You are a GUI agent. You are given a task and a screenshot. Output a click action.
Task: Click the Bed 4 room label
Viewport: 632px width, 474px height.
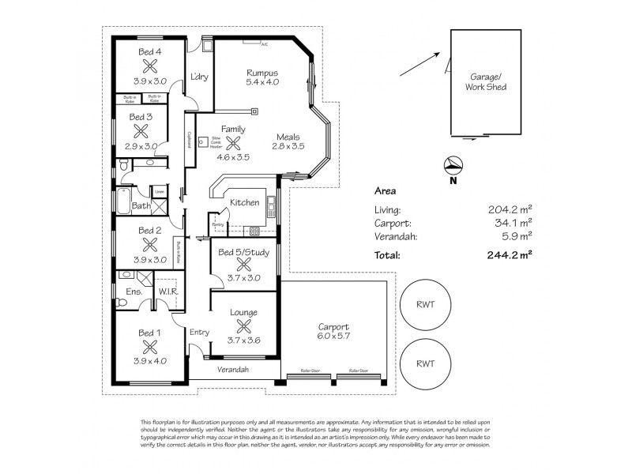click(150, 52)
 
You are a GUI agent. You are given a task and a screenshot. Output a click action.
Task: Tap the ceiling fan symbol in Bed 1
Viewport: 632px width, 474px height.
click(150, 345)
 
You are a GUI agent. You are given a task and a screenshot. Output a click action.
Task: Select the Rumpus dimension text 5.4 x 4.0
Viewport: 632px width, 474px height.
click(262, 82)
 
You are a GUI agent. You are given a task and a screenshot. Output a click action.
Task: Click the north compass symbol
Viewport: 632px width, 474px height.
click(453, 167)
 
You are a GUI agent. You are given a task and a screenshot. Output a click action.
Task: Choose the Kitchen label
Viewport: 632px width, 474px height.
click(244, 202)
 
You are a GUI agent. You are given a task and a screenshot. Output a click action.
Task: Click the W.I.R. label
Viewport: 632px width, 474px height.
click(167, 292)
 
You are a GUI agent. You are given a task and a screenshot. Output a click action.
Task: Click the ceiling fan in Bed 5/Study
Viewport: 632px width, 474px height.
click(243, 265)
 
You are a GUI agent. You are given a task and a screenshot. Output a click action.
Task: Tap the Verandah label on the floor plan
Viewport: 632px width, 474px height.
click(234, 370)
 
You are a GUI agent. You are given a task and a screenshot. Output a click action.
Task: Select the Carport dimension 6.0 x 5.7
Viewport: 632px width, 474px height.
click(333, 338)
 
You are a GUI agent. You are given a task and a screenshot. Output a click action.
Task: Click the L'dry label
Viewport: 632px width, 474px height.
click(198, 77)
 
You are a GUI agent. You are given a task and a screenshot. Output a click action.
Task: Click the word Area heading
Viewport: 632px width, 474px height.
click(385, 191)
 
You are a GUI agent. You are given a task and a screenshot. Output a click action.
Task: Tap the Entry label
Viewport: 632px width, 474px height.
click(198, 333)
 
